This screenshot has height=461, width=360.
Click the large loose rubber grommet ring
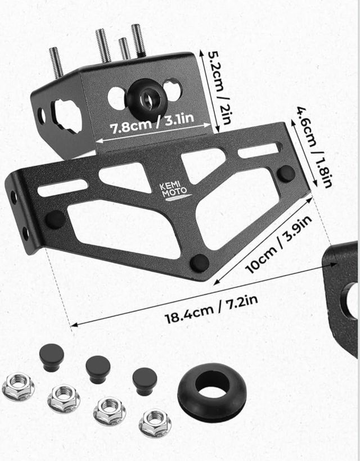coord(212,387)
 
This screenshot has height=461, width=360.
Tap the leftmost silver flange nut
coord(18,387)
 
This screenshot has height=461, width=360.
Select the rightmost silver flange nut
coord(155,423)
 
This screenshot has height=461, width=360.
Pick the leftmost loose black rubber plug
coord(51,357)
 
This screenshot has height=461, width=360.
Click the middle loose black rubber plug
coord(98,369)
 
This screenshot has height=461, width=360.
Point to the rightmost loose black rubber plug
coord(145,381)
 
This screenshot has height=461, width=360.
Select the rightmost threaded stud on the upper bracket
coord(138,40)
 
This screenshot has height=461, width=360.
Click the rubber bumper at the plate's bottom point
coord(199,262)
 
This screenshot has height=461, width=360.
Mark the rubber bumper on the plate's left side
coord(55,218)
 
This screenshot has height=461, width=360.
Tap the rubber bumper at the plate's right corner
coord(286,173)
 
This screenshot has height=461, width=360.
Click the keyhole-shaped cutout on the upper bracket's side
coord(67,115)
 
